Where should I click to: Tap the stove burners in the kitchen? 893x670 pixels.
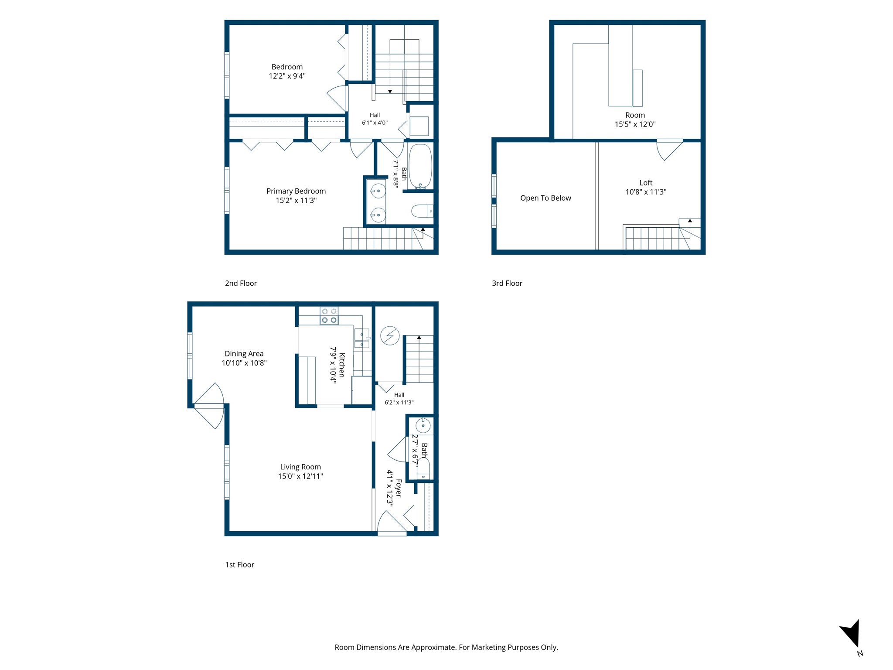coord(329,316)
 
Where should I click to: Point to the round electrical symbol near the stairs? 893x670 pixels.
coord(390,336)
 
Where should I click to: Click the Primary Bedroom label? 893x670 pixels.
coord(296,191)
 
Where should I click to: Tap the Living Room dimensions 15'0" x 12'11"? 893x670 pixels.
coord(300,476)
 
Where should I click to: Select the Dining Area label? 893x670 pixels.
coord(244,354)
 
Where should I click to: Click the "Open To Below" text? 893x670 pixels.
coord(545,198)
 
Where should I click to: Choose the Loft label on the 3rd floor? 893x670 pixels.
coord(646,183)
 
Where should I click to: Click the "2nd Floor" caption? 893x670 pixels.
coord(241,283)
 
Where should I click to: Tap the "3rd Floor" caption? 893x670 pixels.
coord(507,283)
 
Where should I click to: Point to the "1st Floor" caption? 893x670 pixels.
coord(239,564)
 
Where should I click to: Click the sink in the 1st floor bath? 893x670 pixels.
coord(423,425)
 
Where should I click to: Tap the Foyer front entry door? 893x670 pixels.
coord(392,522)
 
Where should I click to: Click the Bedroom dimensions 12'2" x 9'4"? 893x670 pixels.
coord(287,76)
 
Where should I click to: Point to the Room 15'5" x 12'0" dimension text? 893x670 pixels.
coord(635,124)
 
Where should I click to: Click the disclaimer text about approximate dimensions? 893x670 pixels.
coord(446,647)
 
